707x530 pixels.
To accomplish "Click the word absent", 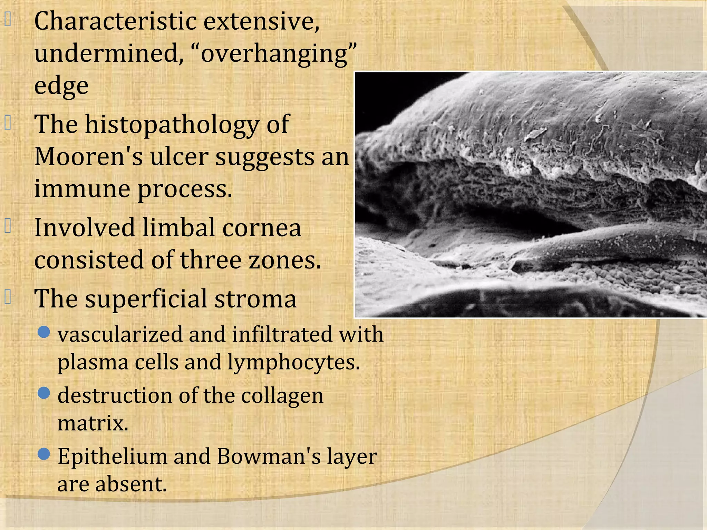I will point(131,484).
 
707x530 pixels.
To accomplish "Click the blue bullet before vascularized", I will point(44,332).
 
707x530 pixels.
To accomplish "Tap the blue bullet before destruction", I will point(44,393).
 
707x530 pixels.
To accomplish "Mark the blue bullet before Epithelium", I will point(44,454).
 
